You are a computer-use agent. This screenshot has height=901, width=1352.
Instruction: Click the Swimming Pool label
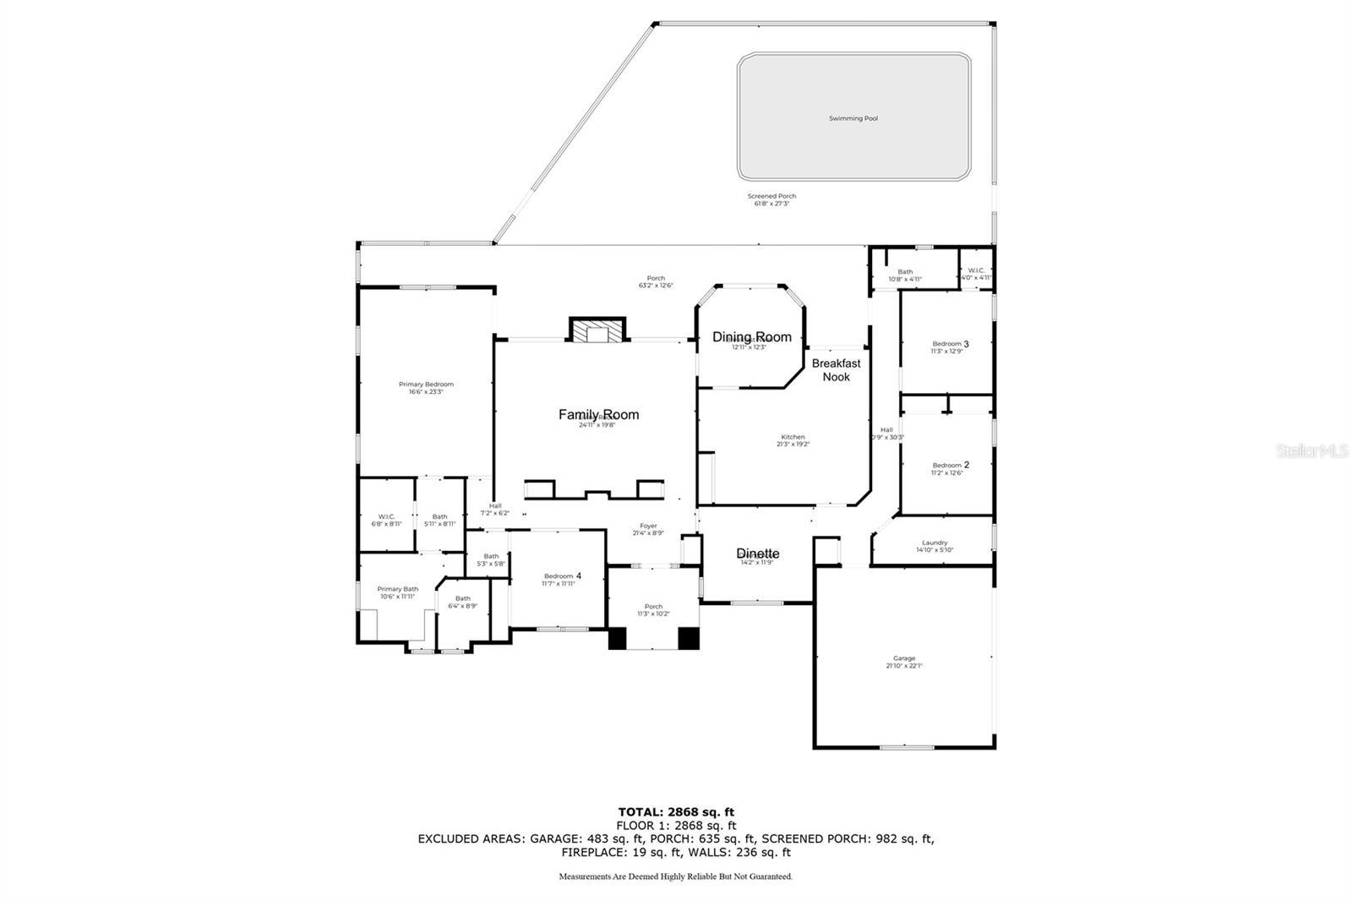[x=853, y=118]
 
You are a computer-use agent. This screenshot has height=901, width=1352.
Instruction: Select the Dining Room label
[x=751, y=336]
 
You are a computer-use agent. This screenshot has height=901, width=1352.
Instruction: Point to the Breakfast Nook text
[x=836, y=370]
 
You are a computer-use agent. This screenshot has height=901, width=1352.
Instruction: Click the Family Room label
[x=598, y=414]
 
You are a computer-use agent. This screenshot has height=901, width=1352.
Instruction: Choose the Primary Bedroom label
[x=426, y=385]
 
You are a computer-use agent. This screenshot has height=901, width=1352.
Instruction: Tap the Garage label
[x=903, y=658]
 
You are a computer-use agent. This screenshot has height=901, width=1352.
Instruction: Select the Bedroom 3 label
[x=950, y=344]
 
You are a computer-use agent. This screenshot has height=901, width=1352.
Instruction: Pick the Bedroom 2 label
[x=950, y=465]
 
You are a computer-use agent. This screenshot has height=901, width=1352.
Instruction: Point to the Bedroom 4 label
[x=562, y=576]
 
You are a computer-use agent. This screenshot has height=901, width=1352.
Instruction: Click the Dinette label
[x=757, y=554]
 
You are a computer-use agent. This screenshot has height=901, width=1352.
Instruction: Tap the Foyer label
[x=648, y=526]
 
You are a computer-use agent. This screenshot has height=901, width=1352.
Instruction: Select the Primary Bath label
[x=397, y=589]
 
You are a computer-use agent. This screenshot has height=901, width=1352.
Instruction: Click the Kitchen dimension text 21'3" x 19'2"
[x=793, y=444]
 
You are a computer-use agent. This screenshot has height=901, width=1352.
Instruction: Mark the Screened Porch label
[x=771, y=196]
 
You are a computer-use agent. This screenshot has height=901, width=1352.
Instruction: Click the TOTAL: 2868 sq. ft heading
[x=676, y=812]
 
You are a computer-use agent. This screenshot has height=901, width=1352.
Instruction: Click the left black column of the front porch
[x=617, y=638]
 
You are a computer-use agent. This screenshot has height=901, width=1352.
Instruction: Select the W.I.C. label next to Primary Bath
[x=386, y=516]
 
